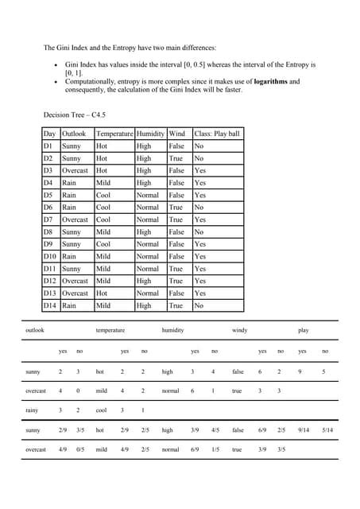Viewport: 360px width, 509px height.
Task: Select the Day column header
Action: pos(49,134)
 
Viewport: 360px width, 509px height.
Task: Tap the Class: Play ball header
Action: pos(216,134)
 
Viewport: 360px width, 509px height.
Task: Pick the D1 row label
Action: pos(48,146)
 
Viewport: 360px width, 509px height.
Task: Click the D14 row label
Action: pos(50,305)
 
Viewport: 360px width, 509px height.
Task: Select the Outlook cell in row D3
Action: pos(75,171)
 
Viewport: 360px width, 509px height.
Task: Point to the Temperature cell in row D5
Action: pos(103,195)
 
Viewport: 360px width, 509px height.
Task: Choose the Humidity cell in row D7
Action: pos(148,220)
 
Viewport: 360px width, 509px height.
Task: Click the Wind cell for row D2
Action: pos(176,159)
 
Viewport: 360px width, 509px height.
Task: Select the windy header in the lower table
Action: pos(239,329)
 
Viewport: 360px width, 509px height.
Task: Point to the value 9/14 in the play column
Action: pos(304,430)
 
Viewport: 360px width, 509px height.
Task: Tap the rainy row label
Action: pos(33,410)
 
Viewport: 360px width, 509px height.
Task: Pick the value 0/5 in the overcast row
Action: pos(80,449)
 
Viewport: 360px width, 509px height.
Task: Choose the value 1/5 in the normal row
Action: pos(215,449)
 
